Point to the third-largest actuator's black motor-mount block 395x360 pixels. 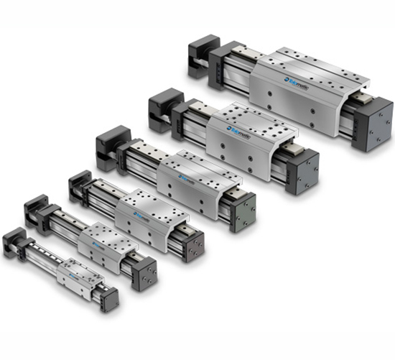pyautogui.click(x=112, y=142)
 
